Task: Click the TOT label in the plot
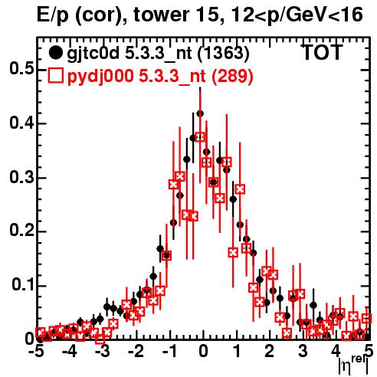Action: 323,53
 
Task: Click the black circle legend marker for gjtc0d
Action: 55,53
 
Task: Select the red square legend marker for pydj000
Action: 55,75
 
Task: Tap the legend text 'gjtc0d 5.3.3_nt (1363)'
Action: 158,54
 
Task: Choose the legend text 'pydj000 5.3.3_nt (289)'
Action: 160,77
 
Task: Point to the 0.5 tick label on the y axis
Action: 21,69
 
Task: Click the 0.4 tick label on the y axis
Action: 21,123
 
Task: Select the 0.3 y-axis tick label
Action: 21,177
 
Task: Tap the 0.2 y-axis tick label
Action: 21,231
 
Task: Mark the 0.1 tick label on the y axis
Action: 22,285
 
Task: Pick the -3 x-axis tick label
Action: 102,352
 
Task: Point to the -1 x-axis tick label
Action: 169,352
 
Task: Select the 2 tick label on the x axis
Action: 270,352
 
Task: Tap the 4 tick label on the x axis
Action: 336,352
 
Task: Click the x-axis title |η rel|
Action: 354,365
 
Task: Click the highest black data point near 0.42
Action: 200,113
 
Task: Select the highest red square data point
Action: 200,137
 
